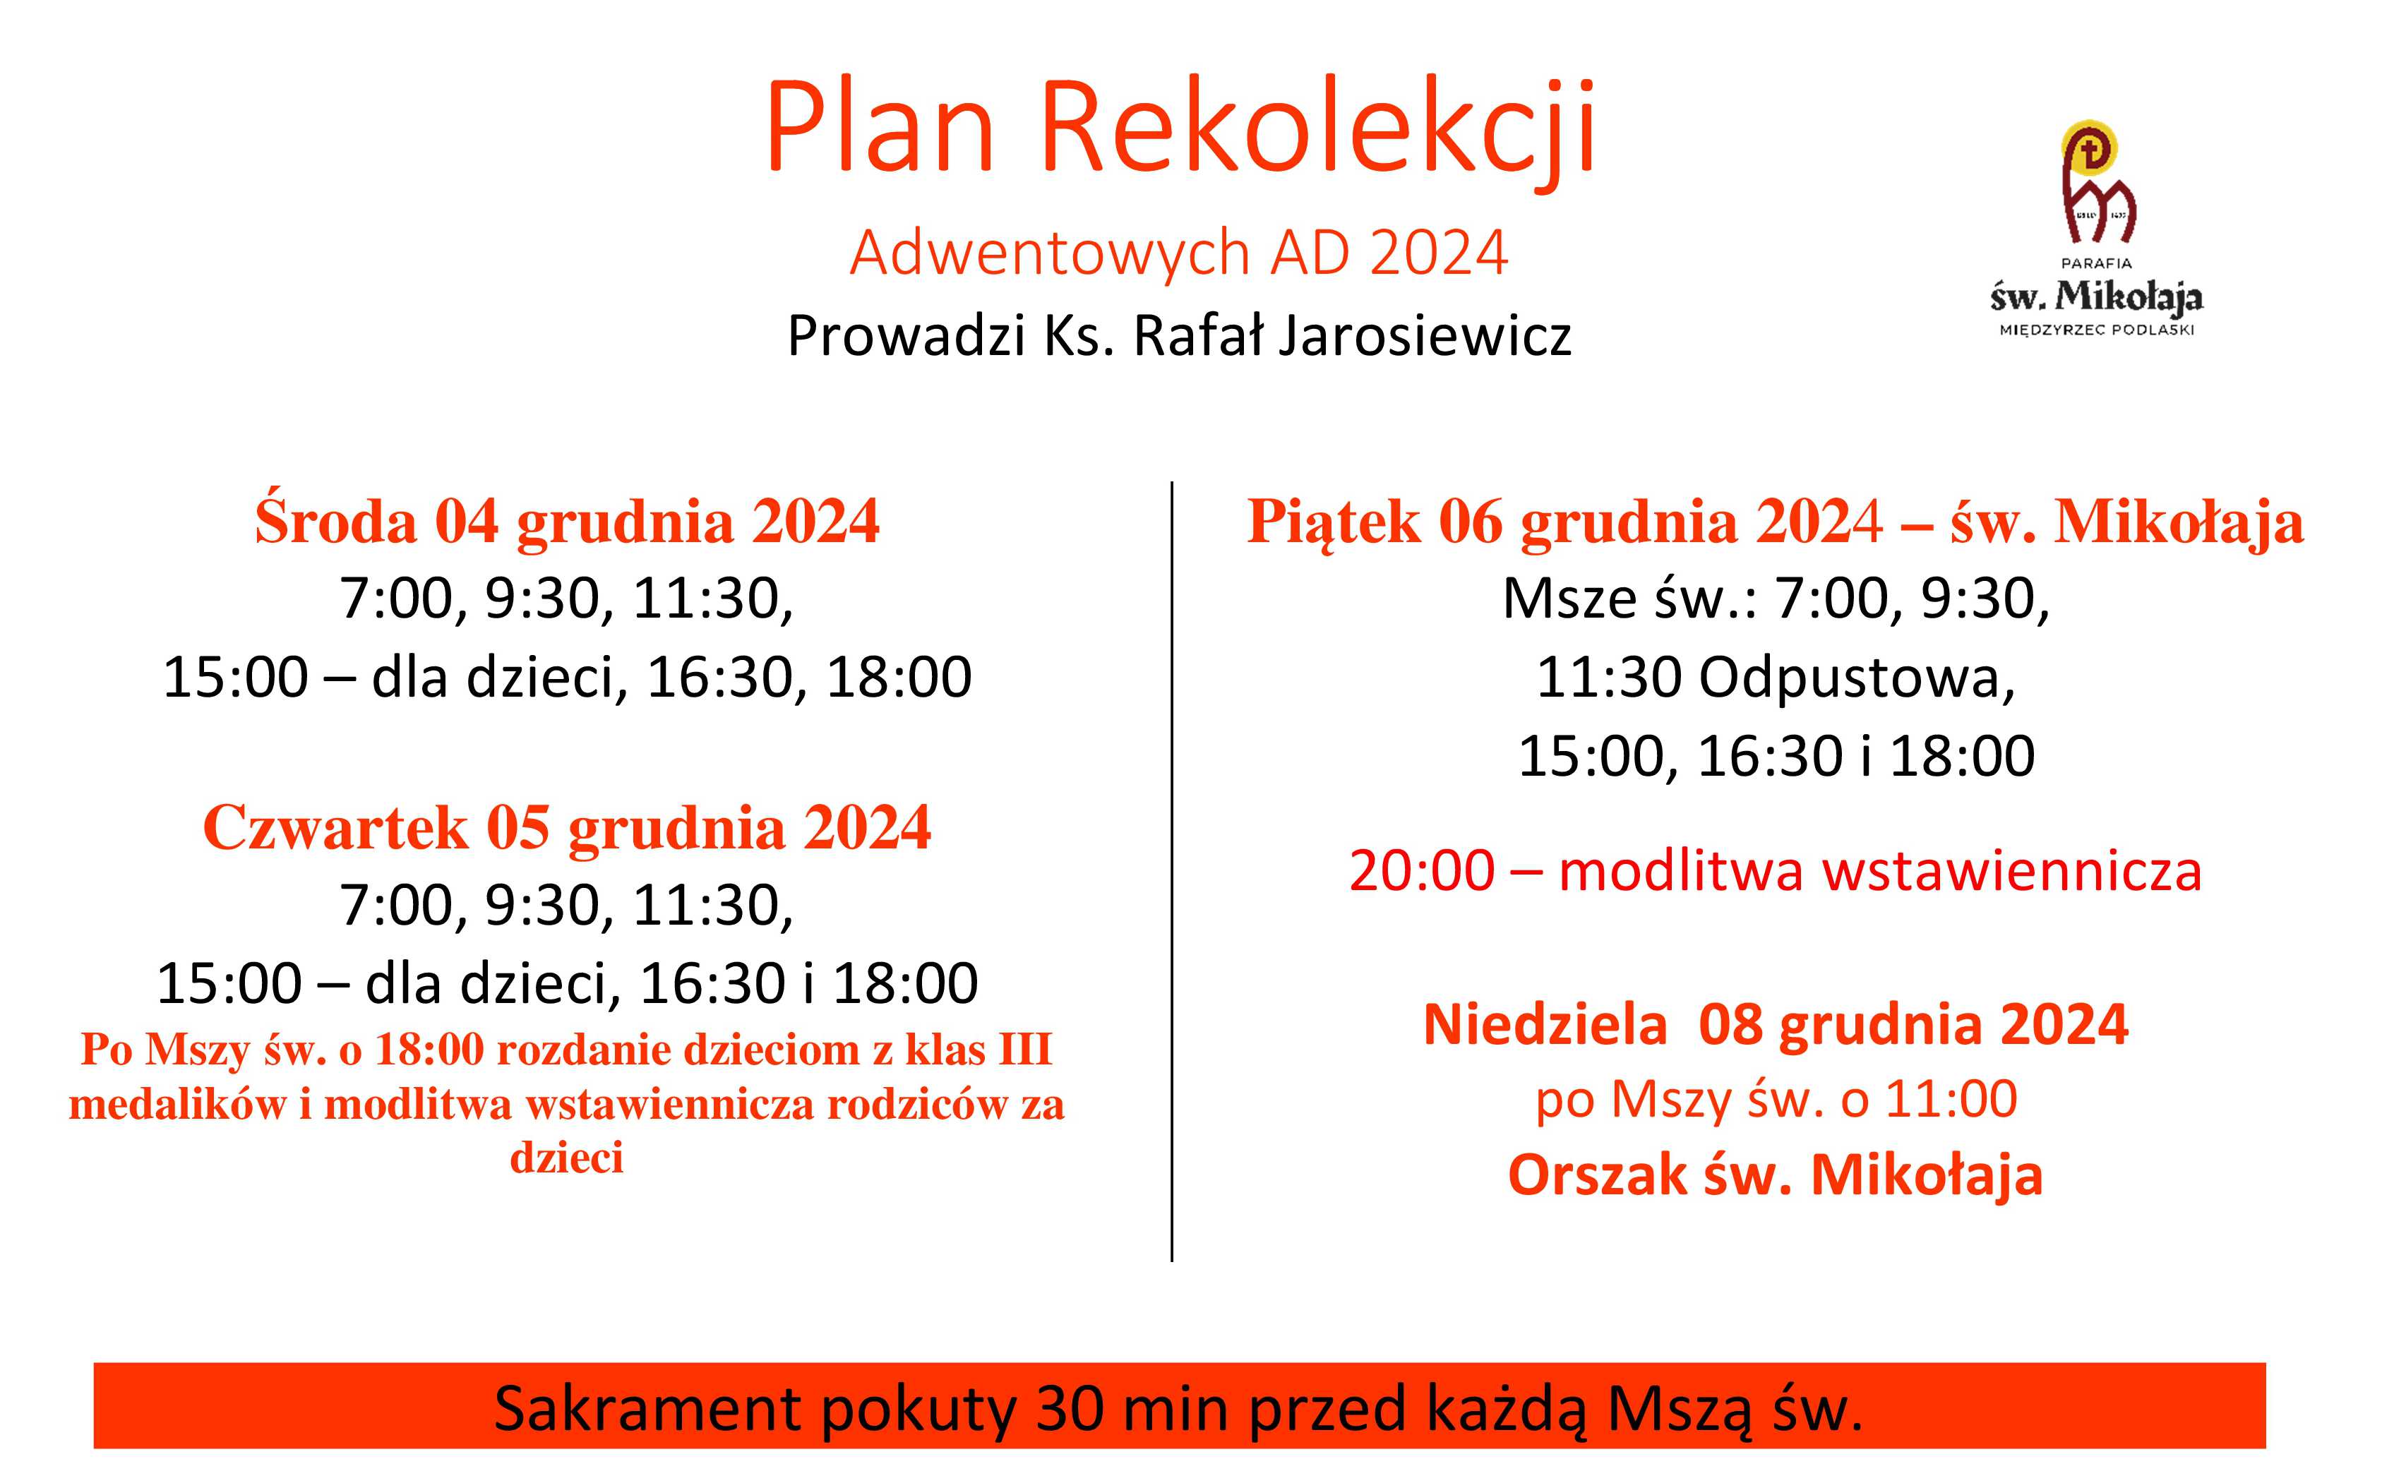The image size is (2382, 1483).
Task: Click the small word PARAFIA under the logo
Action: tap(2097, 263)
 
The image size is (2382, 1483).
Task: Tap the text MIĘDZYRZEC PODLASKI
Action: tap(2097, 330)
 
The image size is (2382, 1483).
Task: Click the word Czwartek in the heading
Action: tap(335, 828)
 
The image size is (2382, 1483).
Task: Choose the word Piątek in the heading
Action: tap(1333, 522)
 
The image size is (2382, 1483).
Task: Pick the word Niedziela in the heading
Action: tap(1545, 1025)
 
